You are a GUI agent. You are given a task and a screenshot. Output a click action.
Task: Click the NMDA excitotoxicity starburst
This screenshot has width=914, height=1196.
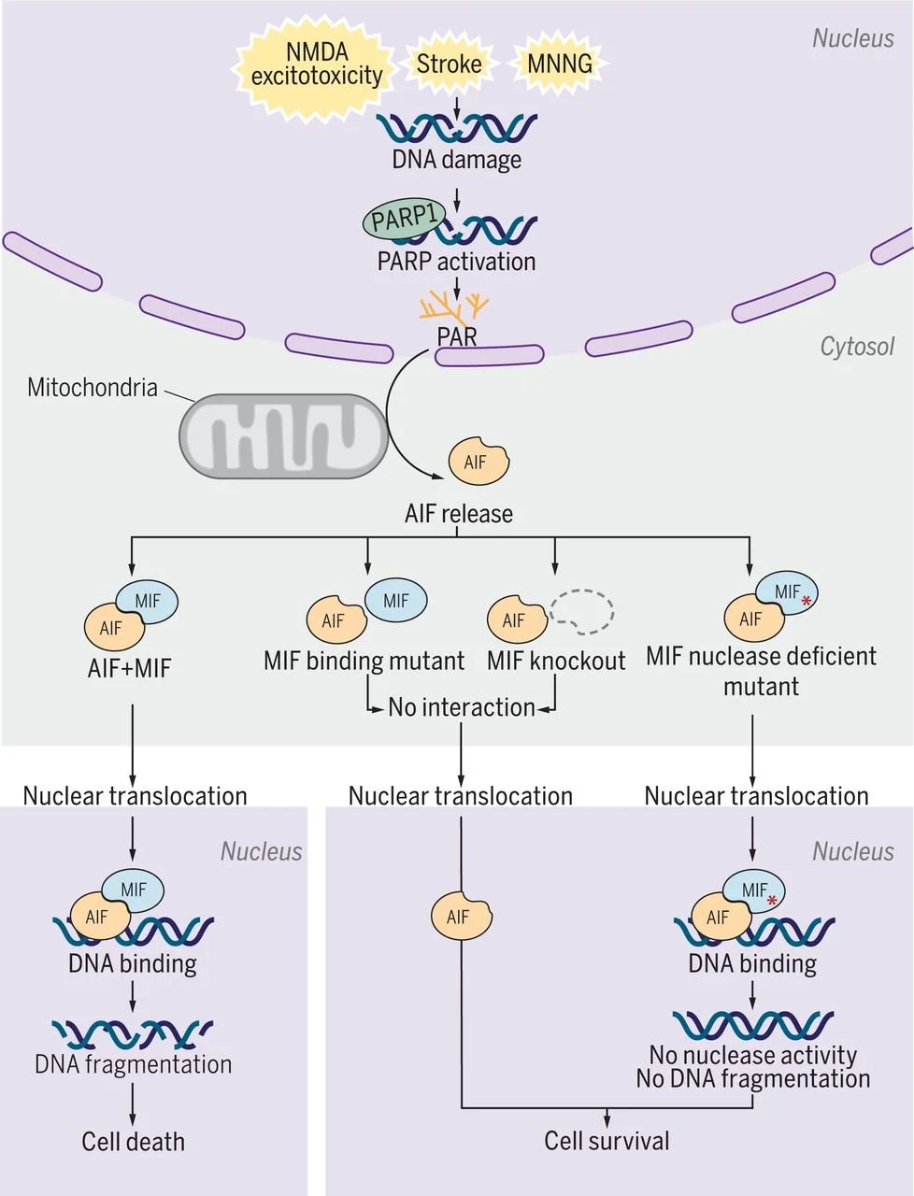click(317, 64)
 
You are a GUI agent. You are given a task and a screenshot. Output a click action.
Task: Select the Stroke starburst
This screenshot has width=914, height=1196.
click(450, 64)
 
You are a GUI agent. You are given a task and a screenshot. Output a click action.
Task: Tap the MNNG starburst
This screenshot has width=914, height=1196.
click(559, 64)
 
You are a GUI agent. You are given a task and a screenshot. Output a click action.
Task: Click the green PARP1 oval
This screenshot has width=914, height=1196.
click(402, 221)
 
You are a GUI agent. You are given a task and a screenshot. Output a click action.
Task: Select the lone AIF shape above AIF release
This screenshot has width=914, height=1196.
click(478, 461)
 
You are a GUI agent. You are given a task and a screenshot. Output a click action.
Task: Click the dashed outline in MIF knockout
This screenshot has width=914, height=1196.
click(581, 611)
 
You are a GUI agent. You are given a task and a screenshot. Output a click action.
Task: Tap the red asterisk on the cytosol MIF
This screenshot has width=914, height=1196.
click(807, 601)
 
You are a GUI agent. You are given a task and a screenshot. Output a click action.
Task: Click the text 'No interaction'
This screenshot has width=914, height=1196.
click(462, 707)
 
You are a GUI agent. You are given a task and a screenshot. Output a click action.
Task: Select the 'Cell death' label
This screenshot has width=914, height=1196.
click(133, 1142)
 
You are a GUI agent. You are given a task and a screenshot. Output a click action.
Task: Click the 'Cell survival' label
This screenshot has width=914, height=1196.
click(607, 1141)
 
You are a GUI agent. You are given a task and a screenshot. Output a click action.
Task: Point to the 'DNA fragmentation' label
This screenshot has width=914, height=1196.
click(133, 1064)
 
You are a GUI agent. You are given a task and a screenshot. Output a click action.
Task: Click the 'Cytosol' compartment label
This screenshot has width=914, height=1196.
click(856, 347)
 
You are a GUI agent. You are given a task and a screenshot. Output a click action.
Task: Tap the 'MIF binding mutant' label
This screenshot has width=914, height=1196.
click(364, 662)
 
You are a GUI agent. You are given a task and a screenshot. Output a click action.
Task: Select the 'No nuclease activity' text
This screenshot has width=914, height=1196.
click(752, 1056)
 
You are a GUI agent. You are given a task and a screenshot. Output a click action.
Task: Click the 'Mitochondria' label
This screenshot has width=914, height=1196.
click(92, 387)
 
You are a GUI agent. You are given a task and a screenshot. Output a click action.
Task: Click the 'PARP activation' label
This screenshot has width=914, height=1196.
click(456, 262)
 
